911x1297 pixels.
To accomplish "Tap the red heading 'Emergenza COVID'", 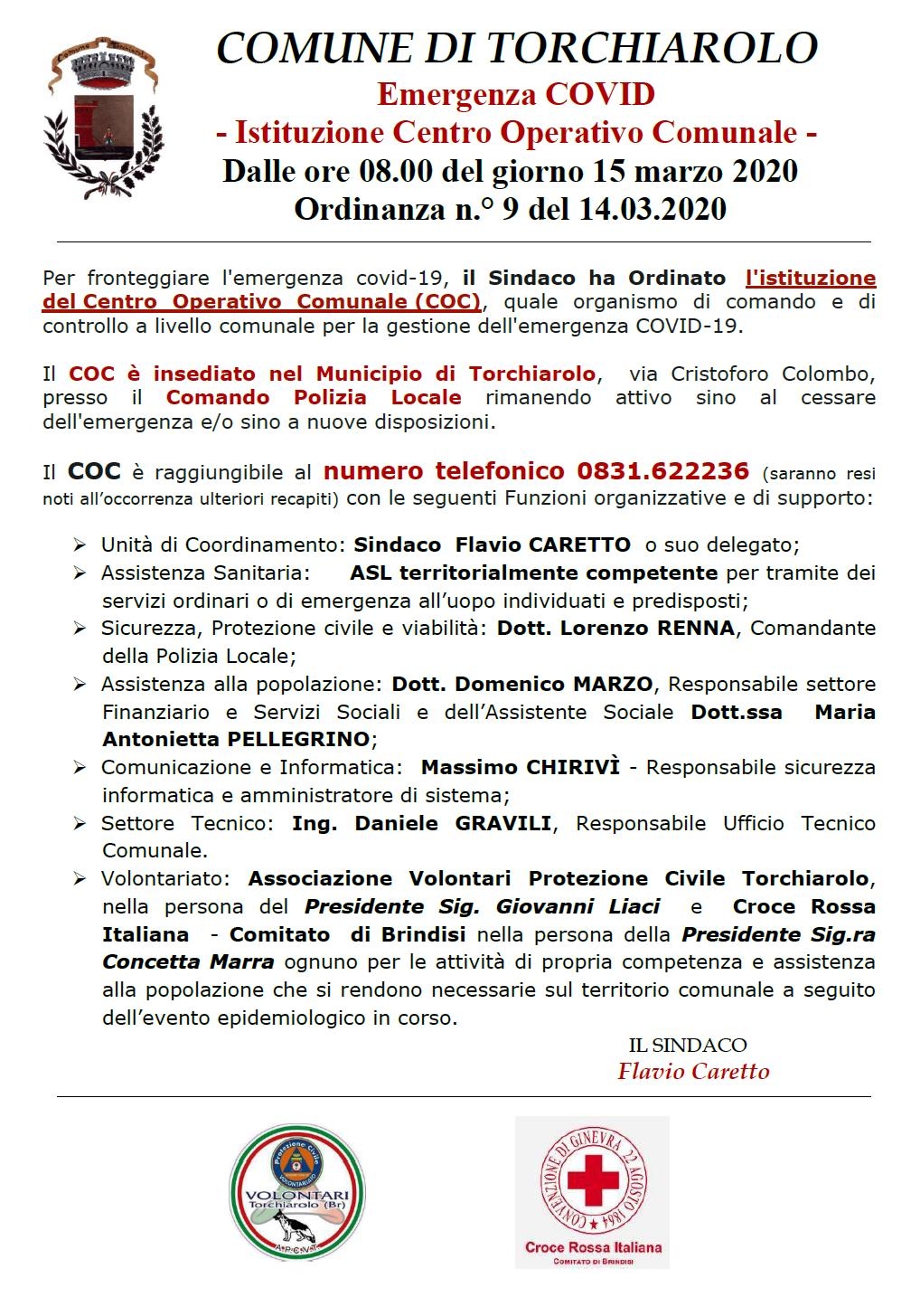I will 516,94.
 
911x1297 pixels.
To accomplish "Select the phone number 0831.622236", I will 662,471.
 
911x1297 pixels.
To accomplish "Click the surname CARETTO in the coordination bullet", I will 579,544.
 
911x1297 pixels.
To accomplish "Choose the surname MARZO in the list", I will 612,684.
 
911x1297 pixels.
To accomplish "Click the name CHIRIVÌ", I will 569,767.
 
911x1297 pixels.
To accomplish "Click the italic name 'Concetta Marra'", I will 188,962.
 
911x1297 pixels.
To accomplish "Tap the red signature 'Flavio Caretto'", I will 693,1072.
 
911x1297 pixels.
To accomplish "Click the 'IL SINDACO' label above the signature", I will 688,1046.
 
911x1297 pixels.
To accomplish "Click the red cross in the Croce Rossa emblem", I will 592,1179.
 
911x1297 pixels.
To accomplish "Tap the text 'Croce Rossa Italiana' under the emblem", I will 593,1247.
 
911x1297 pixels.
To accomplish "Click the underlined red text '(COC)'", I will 448,301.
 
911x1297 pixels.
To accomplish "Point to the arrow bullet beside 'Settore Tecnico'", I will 80,824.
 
